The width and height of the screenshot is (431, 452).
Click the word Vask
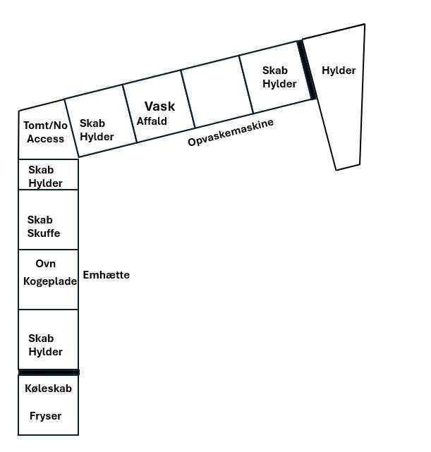(159, 106)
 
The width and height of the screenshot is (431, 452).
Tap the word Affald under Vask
(152, 121)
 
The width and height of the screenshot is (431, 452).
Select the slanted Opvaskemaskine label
(231, 133)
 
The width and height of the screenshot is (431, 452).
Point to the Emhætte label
(106, 275)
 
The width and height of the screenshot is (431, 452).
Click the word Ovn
(46, 264)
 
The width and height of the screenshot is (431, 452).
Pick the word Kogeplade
(50, 281)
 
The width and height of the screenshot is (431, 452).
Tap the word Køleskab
(48, 389)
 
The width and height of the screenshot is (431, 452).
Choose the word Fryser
(46, 416)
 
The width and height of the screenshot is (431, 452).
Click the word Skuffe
(44, 233)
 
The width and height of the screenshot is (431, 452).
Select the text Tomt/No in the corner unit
(46, 126)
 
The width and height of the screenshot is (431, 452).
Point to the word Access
(46, 139)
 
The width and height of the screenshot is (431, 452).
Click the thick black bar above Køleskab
(49, 372)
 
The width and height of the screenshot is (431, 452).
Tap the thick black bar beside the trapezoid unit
(307, 70)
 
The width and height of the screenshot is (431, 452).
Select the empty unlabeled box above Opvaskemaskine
(217, 92)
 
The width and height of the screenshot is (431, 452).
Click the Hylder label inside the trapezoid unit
(339, 71)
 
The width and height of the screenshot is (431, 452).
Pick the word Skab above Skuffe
(40, 220)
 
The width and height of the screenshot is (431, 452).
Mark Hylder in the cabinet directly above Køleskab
(45, 352)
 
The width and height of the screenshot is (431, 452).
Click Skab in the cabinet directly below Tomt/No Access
(41, 170)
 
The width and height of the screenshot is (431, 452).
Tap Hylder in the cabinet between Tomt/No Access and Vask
(97, 137)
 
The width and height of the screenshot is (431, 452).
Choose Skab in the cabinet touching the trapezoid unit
(274, 71)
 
